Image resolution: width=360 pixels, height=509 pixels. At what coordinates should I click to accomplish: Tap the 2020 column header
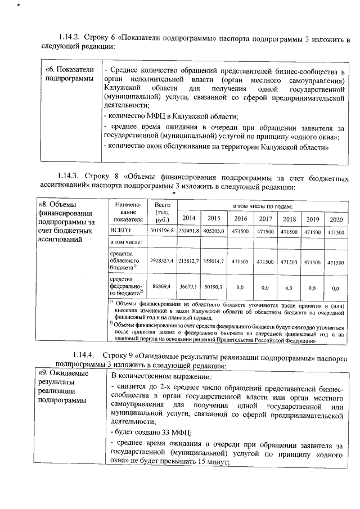pyautogui.click(x=336, y=219)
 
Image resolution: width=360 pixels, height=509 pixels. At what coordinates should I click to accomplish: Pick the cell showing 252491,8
pyautogui.click(x=189, y=231)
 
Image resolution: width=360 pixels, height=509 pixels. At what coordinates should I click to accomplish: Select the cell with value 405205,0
pyautogui.click(x=214, y=231)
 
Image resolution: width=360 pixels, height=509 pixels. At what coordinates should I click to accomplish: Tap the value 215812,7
pyautogui.click(x=189, y=262)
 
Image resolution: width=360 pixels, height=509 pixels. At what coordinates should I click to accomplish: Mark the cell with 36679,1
pyautogui.click(x=190, y=287)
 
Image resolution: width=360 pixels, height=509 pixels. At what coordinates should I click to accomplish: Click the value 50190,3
pyautogui.click(x=214, y=287)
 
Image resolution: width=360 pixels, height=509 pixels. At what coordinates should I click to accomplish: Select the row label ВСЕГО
pyautogui.click(x=120, y=231)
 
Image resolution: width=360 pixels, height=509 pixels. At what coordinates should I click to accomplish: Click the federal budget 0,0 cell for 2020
pyautogui.click(x=336, y=287)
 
